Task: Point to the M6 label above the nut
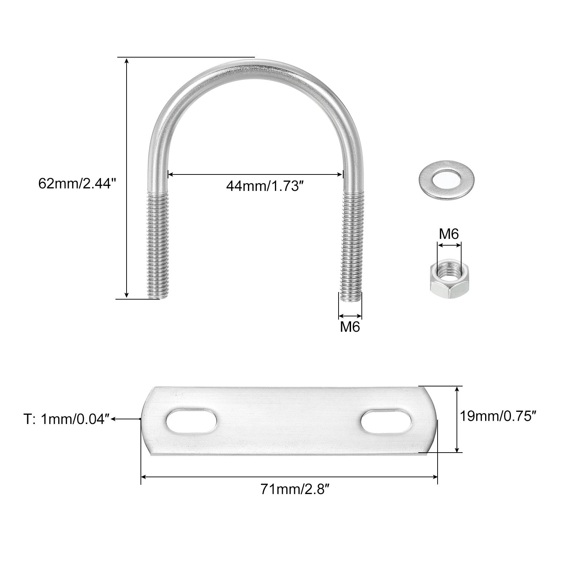point(449,234)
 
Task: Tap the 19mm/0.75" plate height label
point(498,416)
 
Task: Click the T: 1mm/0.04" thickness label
point(66,419)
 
